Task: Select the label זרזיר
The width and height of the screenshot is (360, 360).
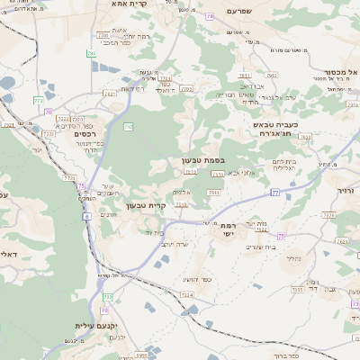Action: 346,192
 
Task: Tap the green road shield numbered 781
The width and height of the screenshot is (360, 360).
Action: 91,54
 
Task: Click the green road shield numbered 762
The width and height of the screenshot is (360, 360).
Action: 129,127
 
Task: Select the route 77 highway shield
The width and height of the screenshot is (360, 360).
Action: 276,193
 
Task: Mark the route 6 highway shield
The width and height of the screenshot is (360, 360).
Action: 86,216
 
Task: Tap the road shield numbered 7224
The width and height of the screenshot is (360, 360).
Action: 186,293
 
